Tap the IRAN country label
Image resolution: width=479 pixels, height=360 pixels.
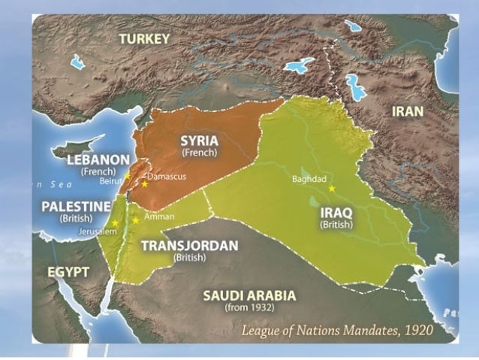pyautogui.click(x=408, y=111)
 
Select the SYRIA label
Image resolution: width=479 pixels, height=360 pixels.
pyautogui.click(x=198, y=139)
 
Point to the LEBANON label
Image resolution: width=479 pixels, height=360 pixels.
pyautogui.click(x=98, y=159)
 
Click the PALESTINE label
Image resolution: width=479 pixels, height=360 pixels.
pyautogui.click(x=77, y=205)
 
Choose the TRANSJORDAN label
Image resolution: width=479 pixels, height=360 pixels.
pyautogui.click(x=189, y=245)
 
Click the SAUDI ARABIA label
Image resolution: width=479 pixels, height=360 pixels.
pyautogui.click(x=249, y=295)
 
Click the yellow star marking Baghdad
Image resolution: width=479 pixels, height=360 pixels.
pyautogui.click(x=331, y=188)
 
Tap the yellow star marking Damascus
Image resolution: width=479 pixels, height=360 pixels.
pyautogui.click(x=144, y=184)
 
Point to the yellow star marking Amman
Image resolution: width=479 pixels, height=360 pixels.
pyautogui.click(x=135, y=220)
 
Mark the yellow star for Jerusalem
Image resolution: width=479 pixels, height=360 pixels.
pyautogui.click(x=115, y=223)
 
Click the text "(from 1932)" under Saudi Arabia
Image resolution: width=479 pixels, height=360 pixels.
pyautogui.click(x=249, y=307)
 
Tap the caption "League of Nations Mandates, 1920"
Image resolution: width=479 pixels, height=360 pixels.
pyautogui.click(x=348, y=329)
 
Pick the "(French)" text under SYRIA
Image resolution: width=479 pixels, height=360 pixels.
pyautogui.click(x=198, y=152)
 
